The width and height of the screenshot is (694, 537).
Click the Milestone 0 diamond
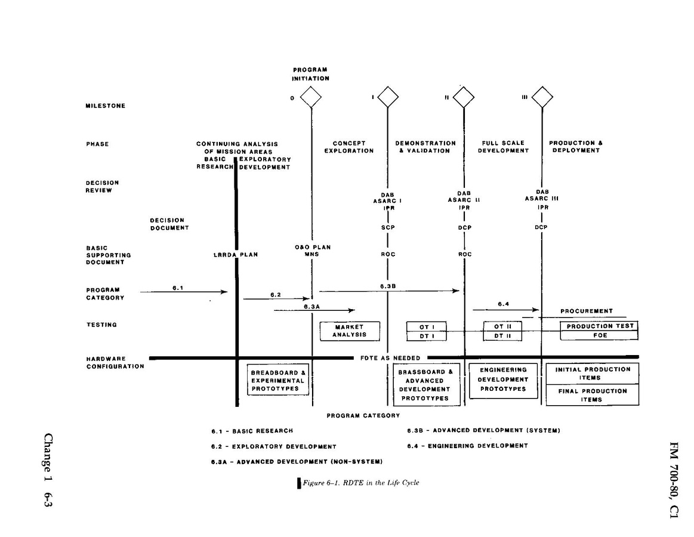coord(311,97)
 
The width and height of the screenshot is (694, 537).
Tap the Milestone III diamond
coord(542,97)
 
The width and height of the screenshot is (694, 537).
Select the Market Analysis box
coord(349,331)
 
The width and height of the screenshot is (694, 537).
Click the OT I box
coord(426,326)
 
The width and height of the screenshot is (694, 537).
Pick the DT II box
coord(502,336)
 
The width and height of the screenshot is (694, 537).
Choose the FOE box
coord(599,336)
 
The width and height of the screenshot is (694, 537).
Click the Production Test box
coord(599,326)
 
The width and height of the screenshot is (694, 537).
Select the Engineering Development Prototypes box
coord(503,379)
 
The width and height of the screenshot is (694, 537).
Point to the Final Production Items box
coord(592,395)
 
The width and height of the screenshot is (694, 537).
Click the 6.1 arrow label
coord(177,288)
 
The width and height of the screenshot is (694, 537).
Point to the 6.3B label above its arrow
coord(388,286)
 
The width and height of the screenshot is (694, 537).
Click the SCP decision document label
coord(388,227)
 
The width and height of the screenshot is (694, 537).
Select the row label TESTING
coord(101,325)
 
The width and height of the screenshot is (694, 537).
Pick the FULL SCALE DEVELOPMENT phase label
coord(503,147)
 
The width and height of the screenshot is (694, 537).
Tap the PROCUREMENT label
coord(586,311)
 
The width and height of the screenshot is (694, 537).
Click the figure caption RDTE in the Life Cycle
coord(360,483)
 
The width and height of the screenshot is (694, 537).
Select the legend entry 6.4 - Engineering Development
coord(467,446)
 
